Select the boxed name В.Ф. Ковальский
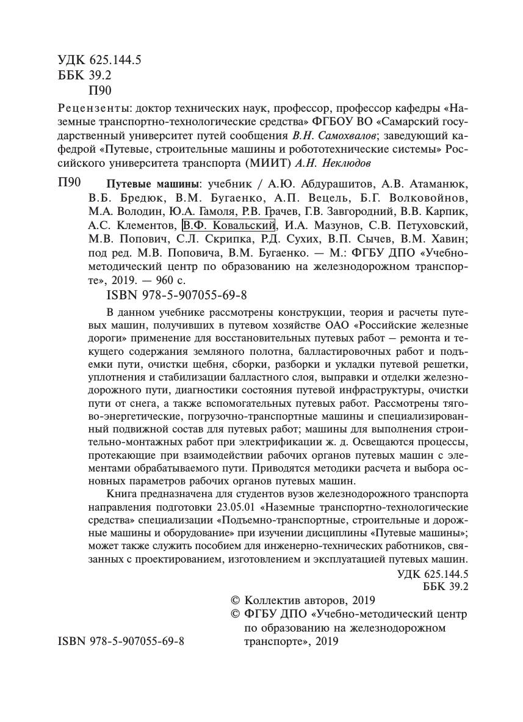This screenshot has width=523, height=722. tap(228, 225)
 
